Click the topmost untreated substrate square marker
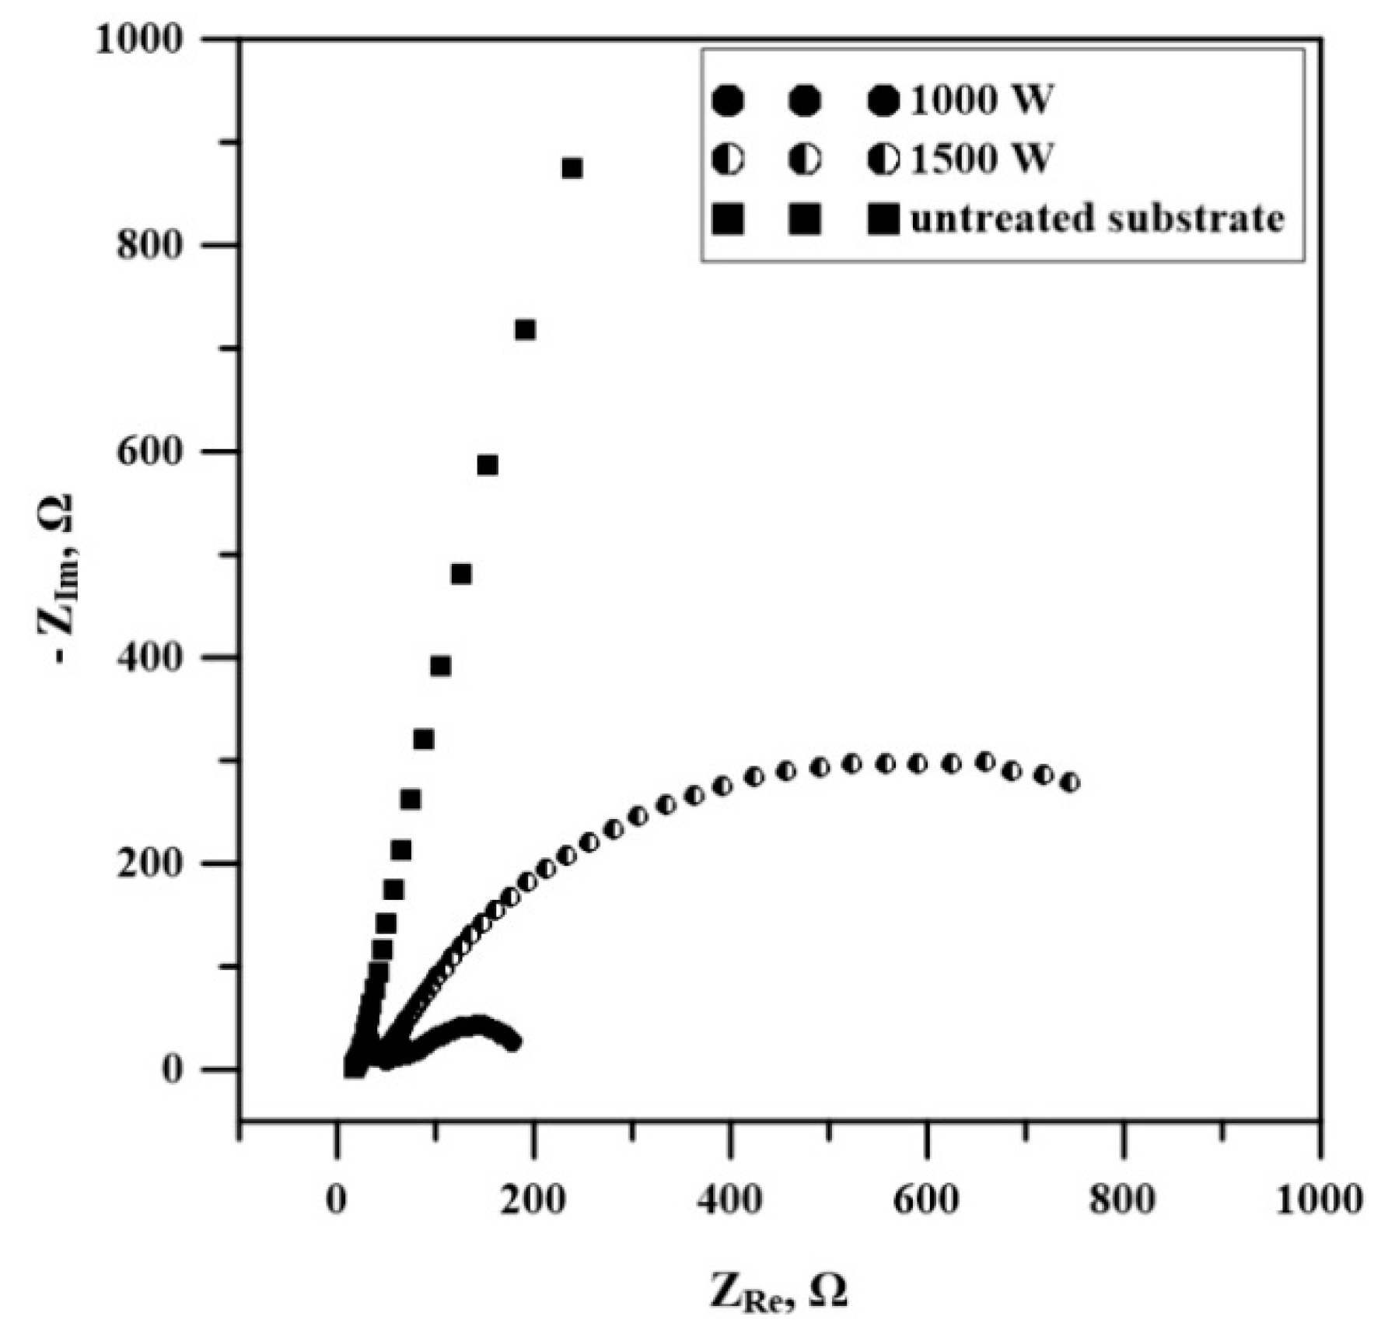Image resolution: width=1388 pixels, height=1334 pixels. coord(572,168)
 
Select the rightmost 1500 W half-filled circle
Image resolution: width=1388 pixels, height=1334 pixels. coord(1070,783)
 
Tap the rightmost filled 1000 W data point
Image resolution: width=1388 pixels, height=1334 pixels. coord(512,1043)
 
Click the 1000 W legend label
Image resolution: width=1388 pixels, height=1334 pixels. coord(981,100)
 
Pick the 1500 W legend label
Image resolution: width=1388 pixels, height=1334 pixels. coord(981,159)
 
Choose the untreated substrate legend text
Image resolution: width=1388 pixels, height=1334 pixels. coord(1096,219)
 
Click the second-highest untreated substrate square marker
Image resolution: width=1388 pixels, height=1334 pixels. coord(525,330)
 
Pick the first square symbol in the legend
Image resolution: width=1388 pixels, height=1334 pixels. coord(728,219)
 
